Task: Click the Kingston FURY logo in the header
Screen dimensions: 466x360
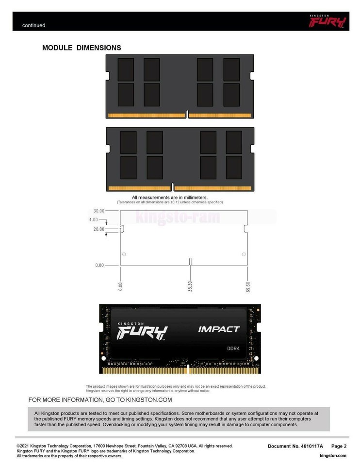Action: coord(328,21)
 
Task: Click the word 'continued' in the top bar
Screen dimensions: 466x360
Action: coord(33,25)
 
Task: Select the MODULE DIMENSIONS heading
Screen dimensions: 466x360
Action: coord(82,48)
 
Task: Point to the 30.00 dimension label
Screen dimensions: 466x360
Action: coord(99,211)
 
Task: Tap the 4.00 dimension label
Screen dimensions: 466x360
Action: coord(94,220)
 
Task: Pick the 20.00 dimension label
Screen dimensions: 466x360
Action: coord(99,229)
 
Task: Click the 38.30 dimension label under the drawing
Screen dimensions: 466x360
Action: coord(190,286)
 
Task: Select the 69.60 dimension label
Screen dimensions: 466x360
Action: coord(248,286)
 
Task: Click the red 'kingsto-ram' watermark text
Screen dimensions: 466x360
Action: coord(178,217)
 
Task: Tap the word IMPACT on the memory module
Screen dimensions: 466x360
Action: coord(219,329)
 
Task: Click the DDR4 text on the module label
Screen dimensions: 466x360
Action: coord(234,348)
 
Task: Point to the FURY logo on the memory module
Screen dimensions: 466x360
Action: coord(143,332)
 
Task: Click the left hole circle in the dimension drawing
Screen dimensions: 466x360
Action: coord(124,254)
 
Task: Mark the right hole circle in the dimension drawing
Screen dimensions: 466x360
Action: coord(244,254)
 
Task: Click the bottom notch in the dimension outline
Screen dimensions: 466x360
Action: coord(190,262)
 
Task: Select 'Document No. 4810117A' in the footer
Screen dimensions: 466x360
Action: coord(296,446)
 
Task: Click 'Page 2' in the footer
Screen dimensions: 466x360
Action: coord(339,446)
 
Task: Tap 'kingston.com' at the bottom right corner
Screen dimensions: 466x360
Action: coord(333,455)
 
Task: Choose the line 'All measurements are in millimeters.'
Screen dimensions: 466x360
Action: coord(170,198)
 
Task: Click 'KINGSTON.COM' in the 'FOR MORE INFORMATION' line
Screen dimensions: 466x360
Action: coord(149,400)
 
